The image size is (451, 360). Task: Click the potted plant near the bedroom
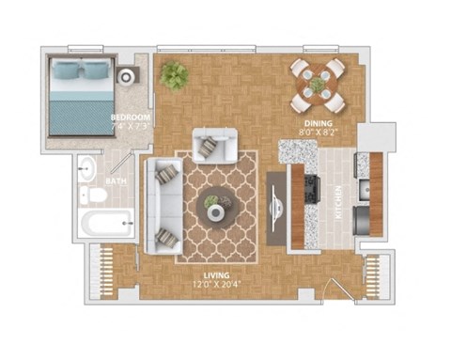(x=174, y=74)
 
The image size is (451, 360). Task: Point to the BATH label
(x=117, y=180)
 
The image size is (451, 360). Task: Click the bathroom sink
(x=87, y=170)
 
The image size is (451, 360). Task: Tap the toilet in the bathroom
(x=95, y=196)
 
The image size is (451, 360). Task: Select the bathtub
(x=106, y=225)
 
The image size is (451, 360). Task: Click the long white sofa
(x=162, y=205)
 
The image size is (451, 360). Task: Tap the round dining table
(x=319, y=84)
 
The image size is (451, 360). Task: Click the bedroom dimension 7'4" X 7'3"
(x=130, y=126)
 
